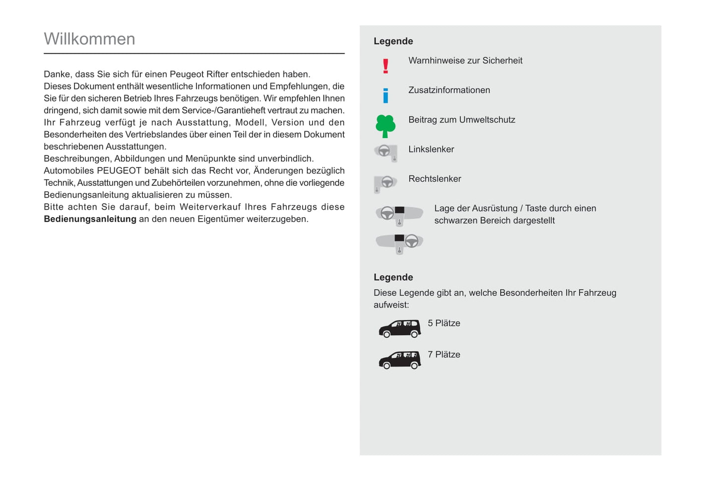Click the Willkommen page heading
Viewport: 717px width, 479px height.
coord(89,39)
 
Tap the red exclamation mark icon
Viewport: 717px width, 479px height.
coord(386,66)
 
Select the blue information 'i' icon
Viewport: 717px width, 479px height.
coord(386,95)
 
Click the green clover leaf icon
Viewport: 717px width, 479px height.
coord(386,126)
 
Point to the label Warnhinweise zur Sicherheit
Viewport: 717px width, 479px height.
coord(465,61)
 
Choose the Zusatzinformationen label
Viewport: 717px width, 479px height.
coord(449,90)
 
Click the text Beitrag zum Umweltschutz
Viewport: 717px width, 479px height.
coord(461,120)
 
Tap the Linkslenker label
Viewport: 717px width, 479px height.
coord(431,149)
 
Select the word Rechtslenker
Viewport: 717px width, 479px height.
coord(435,179)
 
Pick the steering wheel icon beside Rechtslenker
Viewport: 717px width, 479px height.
coord(386,183)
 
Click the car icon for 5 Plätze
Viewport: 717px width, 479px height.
coord(399,329)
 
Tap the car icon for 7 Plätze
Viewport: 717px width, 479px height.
coord(399,360)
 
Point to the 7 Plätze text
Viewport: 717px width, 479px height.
coord(444,355)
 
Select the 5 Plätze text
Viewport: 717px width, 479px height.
coord(444,323)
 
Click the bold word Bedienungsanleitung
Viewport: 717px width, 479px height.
coord(90,219)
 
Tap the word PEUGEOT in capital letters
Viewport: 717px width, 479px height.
coord(119,171)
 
